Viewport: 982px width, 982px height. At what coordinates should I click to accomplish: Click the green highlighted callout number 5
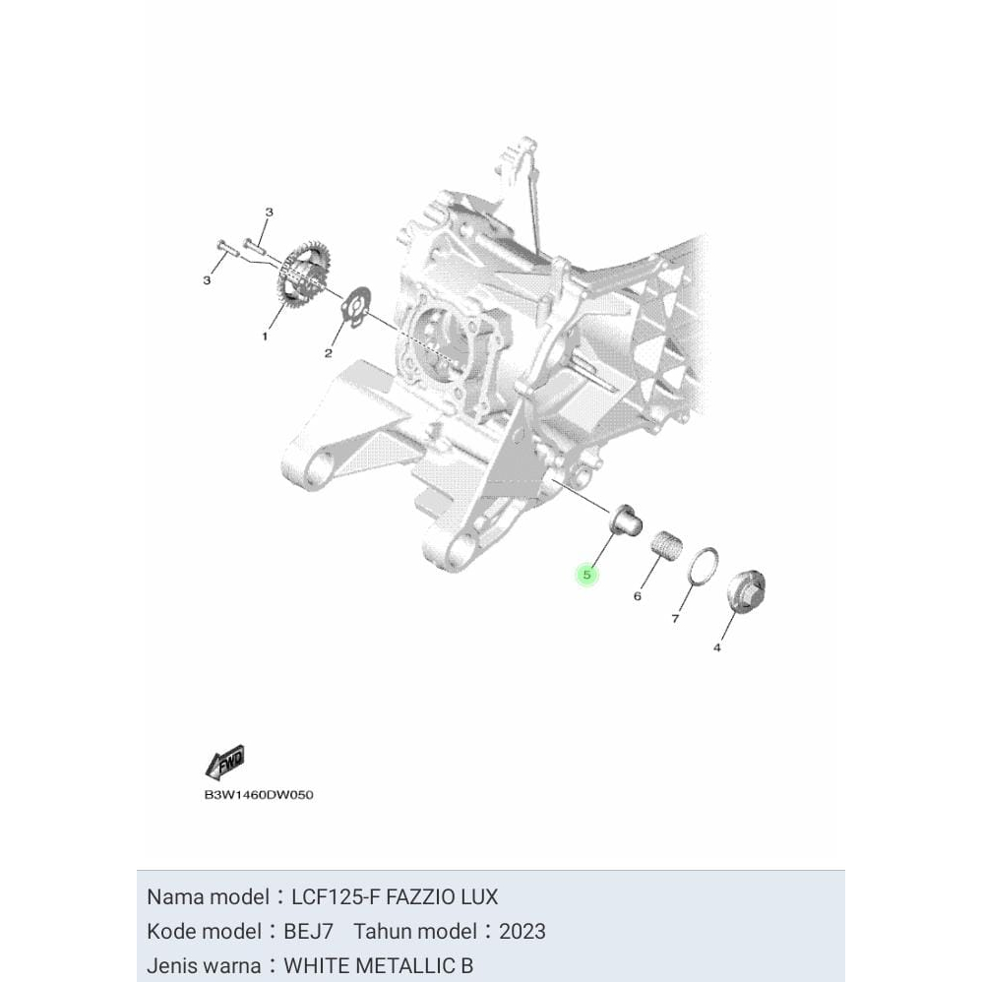pyautogui.click(x=586, y=575)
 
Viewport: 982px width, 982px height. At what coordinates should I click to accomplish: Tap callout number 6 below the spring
pyautogui.click(x=638, y=596)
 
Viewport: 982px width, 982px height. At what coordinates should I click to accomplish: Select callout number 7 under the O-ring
pyautogui.click(x=675, y=619)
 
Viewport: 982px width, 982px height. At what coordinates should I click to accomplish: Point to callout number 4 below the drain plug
pyautogui.click(x=716, y=647)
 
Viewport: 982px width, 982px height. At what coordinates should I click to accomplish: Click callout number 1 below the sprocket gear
pyautogui.click(x=264, y=337)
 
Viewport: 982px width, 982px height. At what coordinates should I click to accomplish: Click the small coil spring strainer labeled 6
pyautogui.click(x=668, y=544)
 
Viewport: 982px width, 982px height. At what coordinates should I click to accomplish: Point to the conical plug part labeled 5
pyautogui.click(x=622, y=519)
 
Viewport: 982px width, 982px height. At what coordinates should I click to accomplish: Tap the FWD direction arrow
pyautogui.click(x=225, y=763)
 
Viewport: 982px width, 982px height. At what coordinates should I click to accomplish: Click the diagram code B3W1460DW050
pyautogui.click(x=259, y=794)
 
